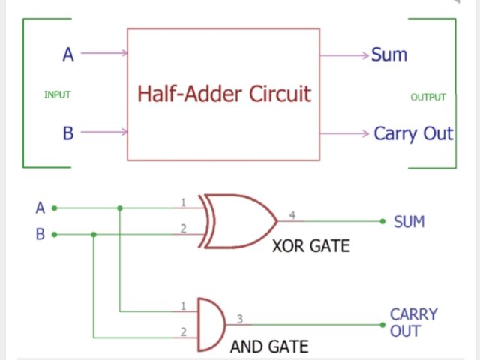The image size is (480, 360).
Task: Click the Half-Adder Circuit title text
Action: click(223, 94)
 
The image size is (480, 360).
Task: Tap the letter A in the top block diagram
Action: click(67, 54)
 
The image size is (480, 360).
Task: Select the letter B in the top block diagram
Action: click(67, 133)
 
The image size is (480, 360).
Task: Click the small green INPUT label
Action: click(57, 94)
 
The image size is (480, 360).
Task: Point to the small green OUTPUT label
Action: click(428, 97)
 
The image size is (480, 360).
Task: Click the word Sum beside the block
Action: click(388, 55)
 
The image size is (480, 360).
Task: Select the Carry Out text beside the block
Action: click(413, 133)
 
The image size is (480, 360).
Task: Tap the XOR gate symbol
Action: click(236, 221)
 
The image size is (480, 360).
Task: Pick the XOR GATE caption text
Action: click(310, 245)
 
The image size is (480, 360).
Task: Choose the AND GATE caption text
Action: click(269, 347)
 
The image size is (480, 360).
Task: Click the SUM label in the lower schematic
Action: click(409, 222)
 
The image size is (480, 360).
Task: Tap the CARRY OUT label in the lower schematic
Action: click(413, 322)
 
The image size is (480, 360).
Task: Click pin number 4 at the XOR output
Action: click(292, 215)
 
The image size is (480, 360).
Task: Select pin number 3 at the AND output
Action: click(240, 318)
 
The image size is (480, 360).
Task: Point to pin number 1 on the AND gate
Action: click(183, 304)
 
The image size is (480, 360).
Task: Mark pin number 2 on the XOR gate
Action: click(183, 228)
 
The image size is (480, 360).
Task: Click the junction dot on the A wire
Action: click(120, 208)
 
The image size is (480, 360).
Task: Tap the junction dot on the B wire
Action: click(93, 234)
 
